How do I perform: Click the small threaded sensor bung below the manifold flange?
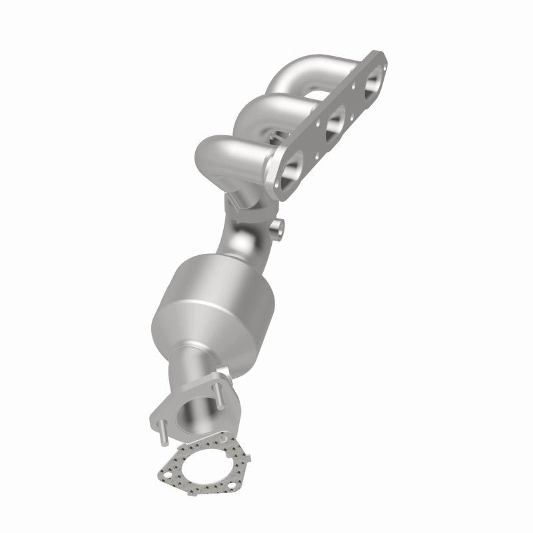pyautogui.click(x=277, y=229)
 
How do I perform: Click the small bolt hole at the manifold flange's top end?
pyautogui.click(x=380, y=58)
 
